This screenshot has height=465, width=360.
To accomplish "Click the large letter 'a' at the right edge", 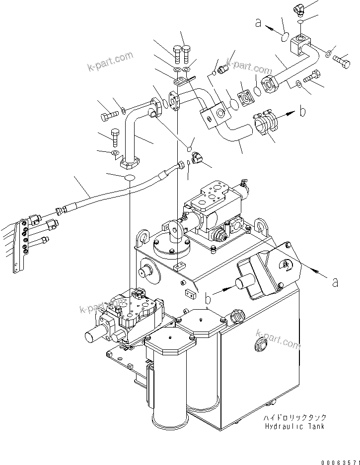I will coord(335,282).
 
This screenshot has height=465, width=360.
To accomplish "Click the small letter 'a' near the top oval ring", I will coord(257,22).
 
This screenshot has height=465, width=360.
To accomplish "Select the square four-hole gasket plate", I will coord(245,99).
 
